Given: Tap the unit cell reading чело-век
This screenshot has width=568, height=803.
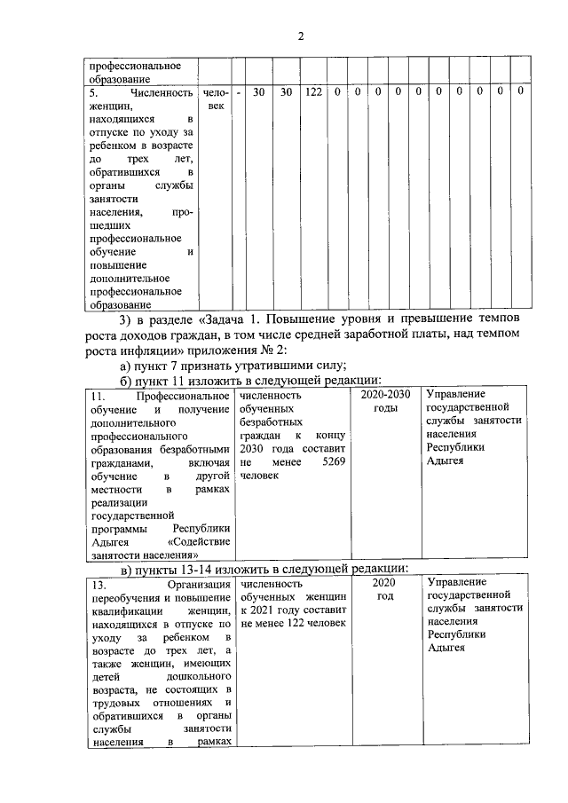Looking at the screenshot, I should click(215, 98).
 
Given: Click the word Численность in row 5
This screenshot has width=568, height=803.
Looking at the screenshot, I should click(161, 91).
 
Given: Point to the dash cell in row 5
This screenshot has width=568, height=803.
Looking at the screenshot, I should click(239, 91).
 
